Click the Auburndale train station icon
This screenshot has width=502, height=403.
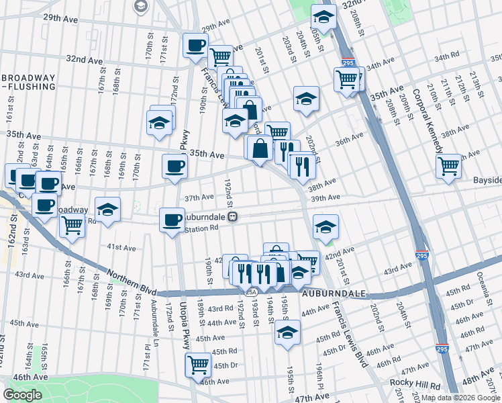tap(232, 218)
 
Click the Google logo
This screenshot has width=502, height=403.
tap(22, 395)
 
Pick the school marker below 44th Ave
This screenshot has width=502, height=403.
tap(287, 332)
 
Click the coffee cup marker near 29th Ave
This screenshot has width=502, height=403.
tap(195, 46)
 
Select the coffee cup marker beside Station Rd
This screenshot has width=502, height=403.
tap(172, 220)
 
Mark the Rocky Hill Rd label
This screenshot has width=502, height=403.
tap(417, 386)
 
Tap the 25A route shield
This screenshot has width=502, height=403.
tap(250, 292)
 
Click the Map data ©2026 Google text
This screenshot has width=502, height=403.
tap(460, 398)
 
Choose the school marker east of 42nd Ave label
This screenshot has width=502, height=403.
tap(325, 227)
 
